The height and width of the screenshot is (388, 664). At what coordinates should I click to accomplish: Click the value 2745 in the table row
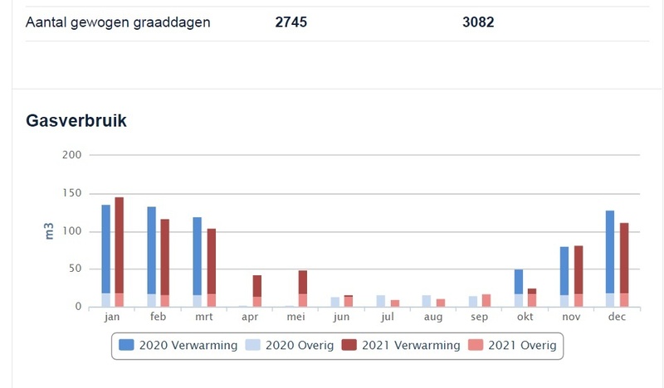[291, 22]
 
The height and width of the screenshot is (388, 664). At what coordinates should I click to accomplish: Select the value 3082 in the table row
[478, 22]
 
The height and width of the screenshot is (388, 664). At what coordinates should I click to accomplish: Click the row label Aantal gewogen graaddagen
[118, 22]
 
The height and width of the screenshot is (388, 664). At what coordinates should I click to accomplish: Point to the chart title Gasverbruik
[76, 120]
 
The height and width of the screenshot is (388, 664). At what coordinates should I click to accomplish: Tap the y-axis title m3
[49, 230]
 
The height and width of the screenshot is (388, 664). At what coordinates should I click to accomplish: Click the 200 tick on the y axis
[71, 155]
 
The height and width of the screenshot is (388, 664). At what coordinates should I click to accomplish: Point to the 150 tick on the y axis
[71, 193]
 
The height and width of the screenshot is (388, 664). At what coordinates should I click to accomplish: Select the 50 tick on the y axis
[75, 269]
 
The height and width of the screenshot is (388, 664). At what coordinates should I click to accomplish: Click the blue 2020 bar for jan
[106, 249]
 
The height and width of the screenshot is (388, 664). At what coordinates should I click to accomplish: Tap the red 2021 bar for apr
[257, 286]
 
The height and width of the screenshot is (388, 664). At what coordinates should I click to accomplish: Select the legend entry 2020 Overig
[290, 345]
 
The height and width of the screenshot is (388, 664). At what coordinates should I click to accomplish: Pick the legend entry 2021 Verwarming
[404, 345]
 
